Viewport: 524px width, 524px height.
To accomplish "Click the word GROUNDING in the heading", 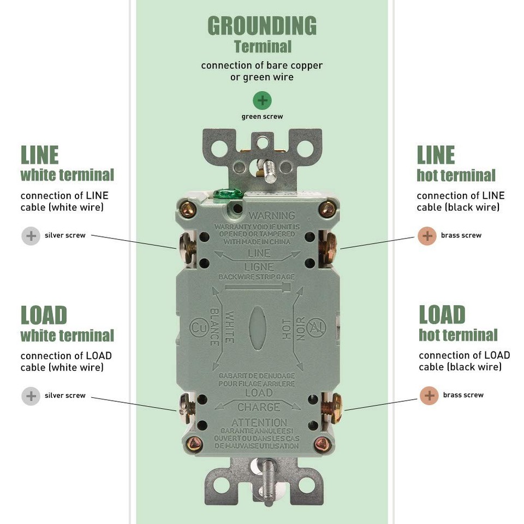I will click(x=262, y=26).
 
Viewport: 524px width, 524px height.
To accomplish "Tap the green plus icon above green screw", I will click(x=262, y=100).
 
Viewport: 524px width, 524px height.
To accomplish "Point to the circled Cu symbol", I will click(x=198, y=327).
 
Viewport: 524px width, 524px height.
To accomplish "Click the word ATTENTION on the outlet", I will click(x=259, y=422).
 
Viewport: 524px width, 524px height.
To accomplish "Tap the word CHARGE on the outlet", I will click(x=258, y=407).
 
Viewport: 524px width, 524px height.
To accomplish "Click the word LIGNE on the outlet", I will click(x=259, y=267).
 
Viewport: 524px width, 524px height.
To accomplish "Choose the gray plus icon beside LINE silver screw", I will click(x=31, y=236).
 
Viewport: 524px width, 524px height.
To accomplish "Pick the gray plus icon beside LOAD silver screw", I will click(x=31, y=396).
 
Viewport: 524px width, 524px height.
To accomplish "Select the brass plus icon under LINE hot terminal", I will click(x=427, y=236).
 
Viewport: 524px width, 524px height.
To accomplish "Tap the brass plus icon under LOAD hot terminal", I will click(x=429, y=395).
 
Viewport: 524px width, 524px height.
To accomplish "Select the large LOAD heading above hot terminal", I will click(x=442, y=315).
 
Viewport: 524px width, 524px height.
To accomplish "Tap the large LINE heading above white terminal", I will click(x=39, y=155).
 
